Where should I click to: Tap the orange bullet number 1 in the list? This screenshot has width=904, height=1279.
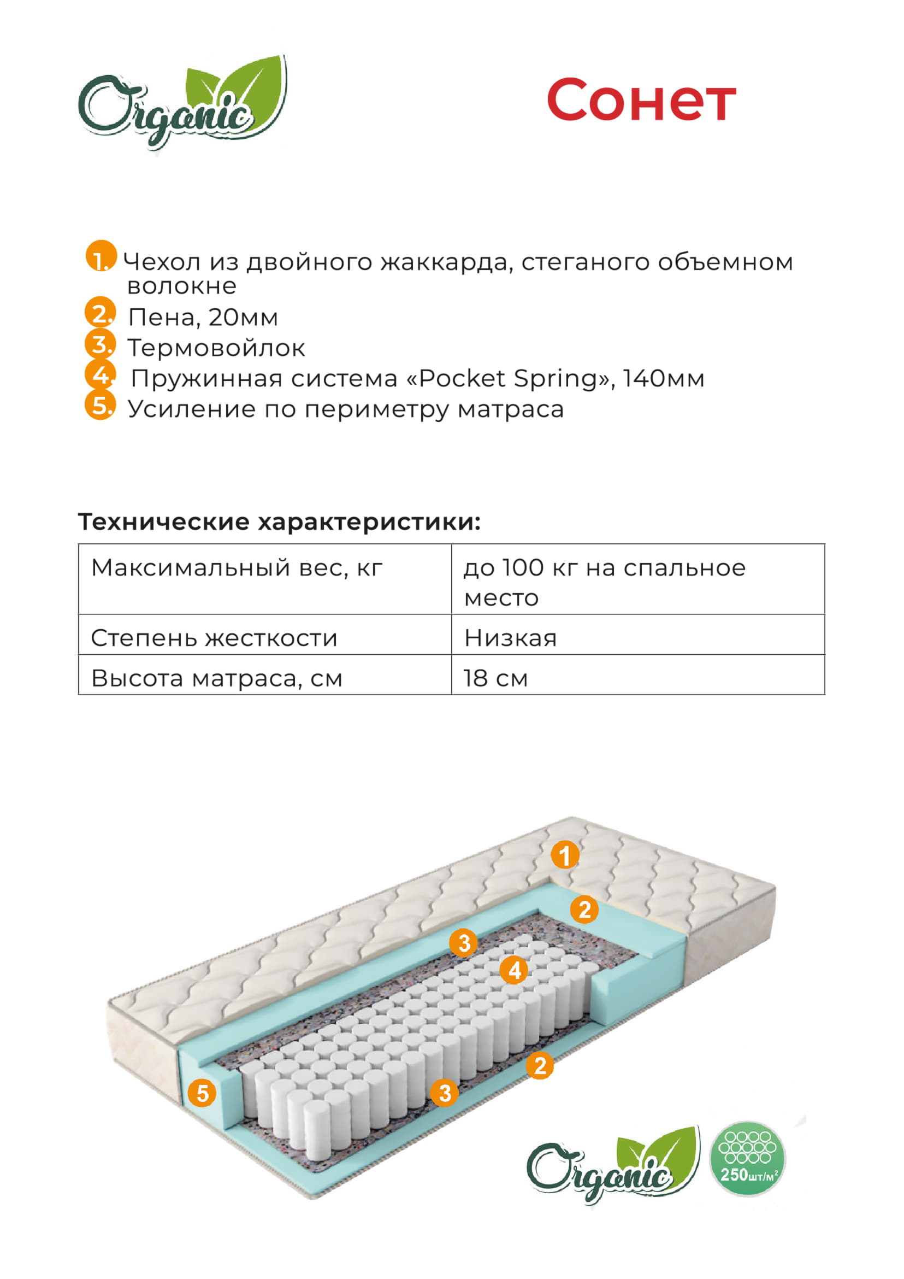101,256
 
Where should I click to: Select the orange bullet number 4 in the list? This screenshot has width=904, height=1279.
100,374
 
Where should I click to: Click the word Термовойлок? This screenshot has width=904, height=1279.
216,348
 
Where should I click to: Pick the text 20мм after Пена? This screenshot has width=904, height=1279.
243,318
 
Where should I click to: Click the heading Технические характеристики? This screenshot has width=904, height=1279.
280,523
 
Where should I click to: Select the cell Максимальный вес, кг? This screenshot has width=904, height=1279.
265,579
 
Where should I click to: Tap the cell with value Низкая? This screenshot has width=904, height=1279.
638,635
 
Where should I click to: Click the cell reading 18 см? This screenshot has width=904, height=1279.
638,674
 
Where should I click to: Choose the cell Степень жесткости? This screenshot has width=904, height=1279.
265,635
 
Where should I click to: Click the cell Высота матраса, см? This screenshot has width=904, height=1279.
265,674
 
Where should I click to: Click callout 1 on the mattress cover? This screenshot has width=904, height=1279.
565,855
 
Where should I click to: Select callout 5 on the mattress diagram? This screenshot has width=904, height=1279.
202,1093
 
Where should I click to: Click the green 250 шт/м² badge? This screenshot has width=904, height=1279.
747,1159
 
